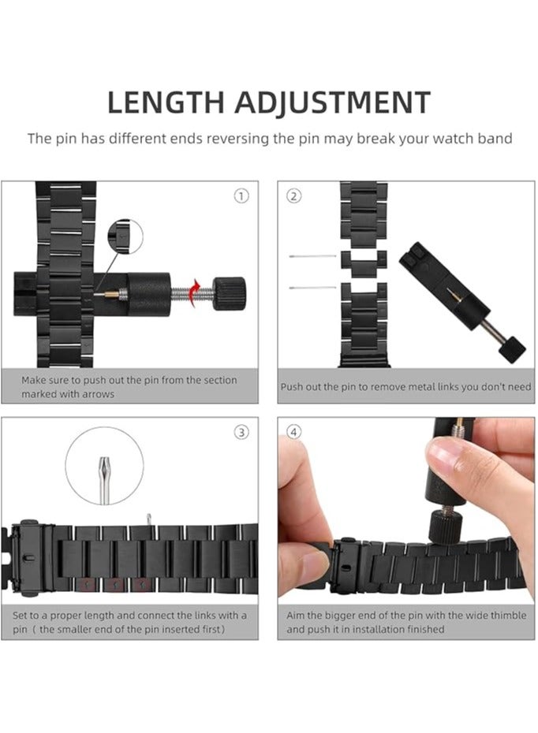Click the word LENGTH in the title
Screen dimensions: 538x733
point(166,102)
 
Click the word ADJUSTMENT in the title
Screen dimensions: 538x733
point(332,102)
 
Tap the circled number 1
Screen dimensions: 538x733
point(241,196)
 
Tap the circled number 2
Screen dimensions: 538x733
point(293,196)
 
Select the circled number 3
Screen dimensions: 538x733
point(241,432)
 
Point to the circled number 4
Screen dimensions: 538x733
point(293,432)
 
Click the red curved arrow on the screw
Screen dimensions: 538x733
point(194,292)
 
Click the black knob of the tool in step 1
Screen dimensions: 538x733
point(230,293)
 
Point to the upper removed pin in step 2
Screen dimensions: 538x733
point(312,256)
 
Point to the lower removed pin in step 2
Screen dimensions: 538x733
point(312,288)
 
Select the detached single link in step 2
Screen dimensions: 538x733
point(364,262)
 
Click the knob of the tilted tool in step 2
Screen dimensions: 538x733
point(511,348)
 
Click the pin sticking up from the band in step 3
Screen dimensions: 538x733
point(149,520)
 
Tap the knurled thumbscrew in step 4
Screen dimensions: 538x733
point(446,525)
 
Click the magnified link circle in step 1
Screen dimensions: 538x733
point(125,237)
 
